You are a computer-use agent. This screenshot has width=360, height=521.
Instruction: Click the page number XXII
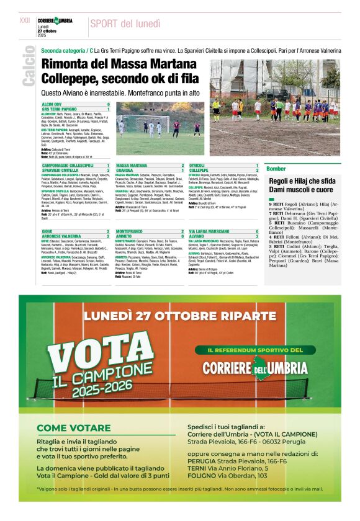pyautogui.click(x=25, y=20)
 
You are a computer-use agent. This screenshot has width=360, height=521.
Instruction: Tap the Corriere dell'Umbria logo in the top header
pyautogui.click(x=56, y=21)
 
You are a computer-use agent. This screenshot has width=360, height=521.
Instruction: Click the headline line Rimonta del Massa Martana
pyautogui.click(x=119, y=63)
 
